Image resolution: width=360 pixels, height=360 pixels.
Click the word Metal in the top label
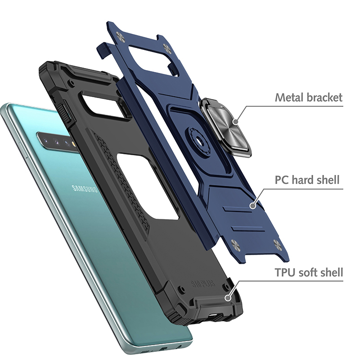(289, 97)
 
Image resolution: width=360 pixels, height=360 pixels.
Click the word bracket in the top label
(324, 97)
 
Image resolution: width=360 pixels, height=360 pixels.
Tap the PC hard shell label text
(307, 180)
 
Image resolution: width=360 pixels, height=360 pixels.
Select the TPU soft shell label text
(309, 272)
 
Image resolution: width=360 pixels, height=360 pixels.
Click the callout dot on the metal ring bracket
(236, 121)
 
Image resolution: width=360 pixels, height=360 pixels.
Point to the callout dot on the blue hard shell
(253, 205)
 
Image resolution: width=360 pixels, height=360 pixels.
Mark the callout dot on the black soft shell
(228, 298)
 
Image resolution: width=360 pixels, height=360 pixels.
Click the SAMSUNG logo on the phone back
(85, 189)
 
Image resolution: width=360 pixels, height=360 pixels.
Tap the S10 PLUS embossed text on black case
(203, 284)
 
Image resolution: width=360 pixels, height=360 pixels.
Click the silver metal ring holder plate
(226, 127)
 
